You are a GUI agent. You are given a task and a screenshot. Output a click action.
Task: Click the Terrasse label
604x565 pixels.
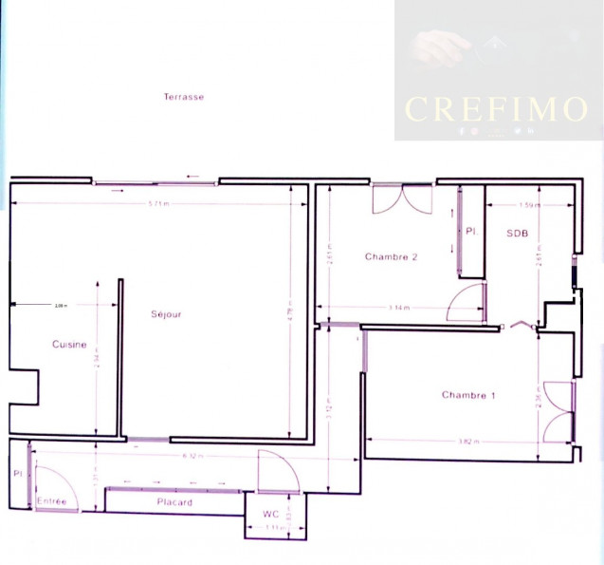183,97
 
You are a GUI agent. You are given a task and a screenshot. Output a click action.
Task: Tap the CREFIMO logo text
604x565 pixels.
496,108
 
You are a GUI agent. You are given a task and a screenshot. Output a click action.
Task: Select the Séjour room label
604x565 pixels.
166,314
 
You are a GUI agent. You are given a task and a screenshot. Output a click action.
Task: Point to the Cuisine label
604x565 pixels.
69,345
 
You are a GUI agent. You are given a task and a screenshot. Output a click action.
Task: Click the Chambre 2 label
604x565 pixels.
392,256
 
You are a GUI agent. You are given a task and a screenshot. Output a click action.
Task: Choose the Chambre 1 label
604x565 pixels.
468,395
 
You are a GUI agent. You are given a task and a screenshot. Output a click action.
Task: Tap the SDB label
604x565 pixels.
516,234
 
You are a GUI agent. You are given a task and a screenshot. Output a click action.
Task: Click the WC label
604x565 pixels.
271,514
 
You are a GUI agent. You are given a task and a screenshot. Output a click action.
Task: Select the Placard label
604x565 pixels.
174,501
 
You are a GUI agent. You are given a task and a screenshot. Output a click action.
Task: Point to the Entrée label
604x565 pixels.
51,500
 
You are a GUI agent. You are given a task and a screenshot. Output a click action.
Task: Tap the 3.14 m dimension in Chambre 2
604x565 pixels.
400,308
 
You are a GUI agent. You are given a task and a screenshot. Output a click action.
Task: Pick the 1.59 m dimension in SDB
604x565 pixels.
531,205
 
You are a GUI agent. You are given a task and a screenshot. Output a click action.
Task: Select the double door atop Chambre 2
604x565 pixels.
403,199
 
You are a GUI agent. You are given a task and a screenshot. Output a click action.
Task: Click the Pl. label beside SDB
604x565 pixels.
469,231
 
